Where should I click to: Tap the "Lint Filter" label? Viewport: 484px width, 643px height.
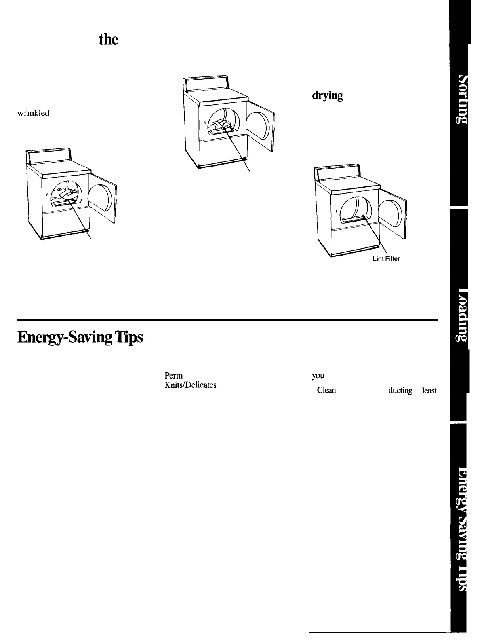point(385,259)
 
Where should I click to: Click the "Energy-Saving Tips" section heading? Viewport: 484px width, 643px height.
point(80,338)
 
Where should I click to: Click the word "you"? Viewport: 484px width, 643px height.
point(318,375)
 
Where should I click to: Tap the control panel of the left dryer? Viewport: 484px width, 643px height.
point(48,156)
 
